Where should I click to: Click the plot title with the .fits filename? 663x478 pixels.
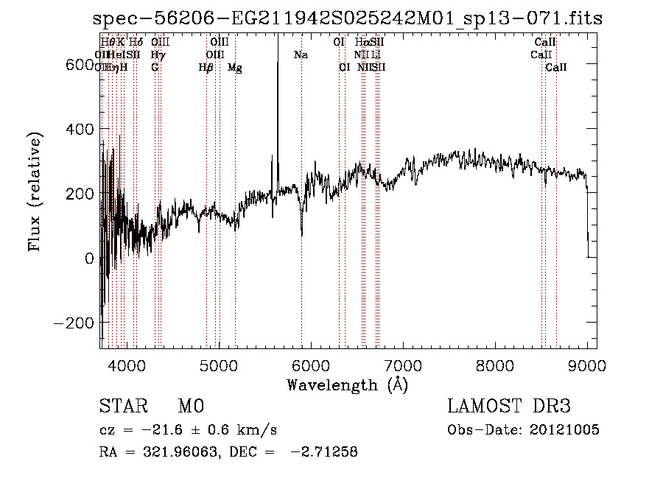(345, 20)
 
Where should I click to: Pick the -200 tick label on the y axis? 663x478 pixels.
(73, 323)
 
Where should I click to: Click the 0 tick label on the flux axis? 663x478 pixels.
(89, 259)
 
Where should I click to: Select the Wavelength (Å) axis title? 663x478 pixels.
(347, 384)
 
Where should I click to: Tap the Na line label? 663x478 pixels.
(301, 55)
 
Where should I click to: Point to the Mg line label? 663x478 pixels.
(234, 68)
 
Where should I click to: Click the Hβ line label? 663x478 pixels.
(206, 68)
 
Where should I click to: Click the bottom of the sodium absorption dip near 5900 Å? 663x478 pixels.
(302, 236)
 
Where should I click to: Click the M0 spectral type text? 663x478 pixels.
(190, 407)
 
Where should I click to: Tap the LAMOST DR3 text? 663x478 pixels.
(508, 407)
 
